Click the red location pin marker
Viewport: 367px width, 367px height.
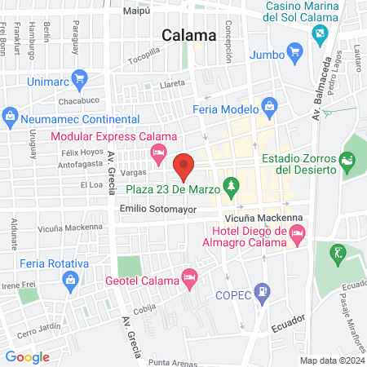tap(184, 167)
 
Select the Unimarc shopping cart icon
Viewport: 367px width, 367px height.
tap(79, 79)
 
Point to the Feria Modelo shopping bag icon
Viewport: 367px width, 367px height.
tap(269, 105)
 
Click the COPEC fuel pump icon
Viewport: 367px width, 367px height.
tap(262, 290)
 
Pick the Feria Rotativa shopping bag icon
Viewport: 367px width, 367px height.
tap(71, 280)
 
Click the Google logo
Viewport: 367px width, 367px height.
tap(28, 356)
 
